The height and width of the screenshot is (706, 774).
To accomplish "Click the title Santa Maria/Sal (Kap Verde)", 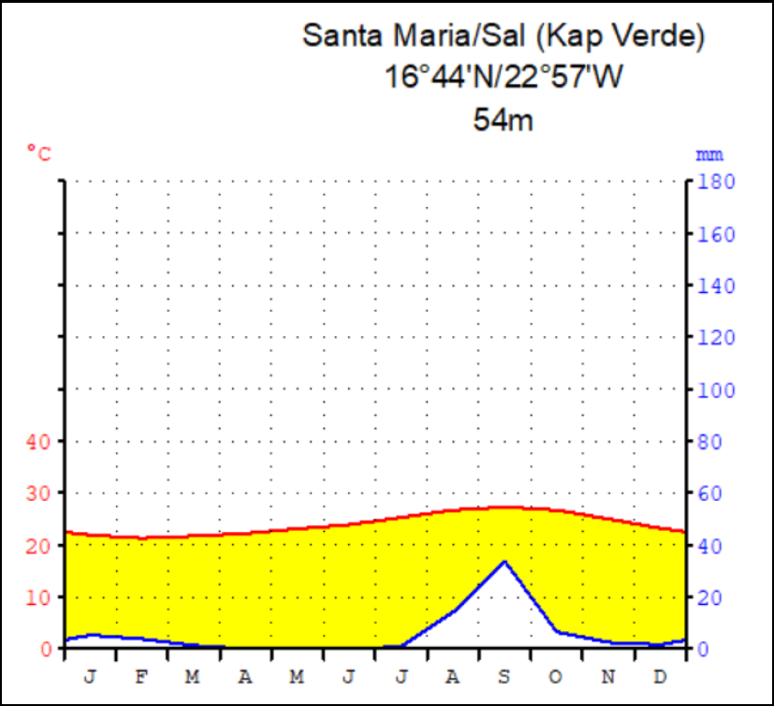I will click(503, 37).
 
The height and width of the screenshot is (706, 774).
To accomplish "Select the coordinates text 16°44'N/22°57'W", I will click(503, 77).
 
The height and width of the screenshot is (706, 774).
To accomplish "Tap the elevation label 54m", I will click(503, 119).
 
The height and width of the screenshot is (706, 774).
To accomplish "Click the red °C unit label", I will click(39, 152).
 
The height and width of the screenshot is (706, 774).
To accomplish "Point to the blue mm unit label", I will click(708, 154).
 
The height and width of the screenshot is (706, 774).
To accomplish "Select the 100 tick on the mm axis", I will click(714, 389).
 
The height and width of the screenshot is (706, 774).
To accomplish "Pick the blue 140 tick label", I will click(714, 285).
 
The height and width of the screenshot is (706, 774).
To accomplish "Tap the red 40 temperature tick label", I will click(37, 441).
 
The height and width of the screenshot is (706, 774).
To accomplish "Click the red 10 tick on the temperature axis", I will click(37, 596).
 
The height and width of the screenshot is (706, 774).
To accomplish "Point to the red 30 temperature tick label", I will click(37, 493).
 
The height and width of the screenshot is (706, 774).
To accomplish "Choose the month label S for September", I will click(504, 677).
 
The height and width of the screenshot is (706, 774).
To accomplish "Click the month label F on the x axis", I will click(142, 677).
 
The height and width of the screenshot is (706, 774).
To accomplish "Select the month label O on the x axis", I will click(556, 677).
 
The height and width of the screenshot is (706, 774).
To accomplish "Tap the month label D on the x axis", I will click(659, 677).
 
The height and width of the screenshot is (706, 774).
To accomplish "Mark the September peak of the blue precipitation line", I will click(504, 561).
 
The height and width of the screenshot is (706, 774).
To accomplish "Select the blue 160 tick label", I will click(714, 233).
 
